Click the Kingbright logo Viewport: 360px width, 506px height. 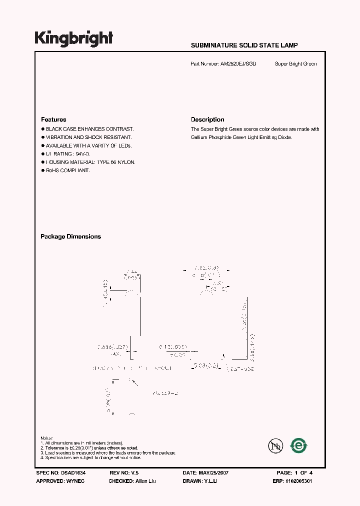point(74,38)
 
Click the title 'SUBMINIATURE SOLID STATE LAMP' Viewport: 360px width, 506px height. point(244,45)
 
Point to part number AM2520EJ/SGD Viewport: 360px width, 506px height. point(238,64)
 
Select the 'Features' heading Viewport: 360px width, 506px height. point(53,119)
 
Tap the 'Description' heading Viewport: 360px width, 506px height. point(207,119)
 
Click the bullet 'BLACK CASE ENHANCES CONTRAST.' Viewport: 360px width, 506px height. point(89,129)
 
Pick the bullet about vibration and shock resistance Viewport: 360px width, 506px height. point(88,137)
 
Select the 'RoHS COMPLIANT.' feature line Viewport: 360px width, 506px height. point(67,170)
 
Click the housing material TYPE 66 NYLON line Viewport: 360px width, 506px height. point(90,162)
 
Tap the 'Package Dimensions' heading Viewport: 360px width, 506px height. point(70,236)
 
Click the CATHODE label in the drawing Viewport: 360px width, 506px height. point(242,368)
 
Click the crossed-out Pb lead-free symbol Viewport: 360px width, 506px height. point(273,445)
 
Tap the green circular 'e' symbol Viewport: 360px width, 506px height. point(299,445)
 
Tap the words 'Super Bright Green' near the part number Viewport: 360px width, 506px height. point(295,64)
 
